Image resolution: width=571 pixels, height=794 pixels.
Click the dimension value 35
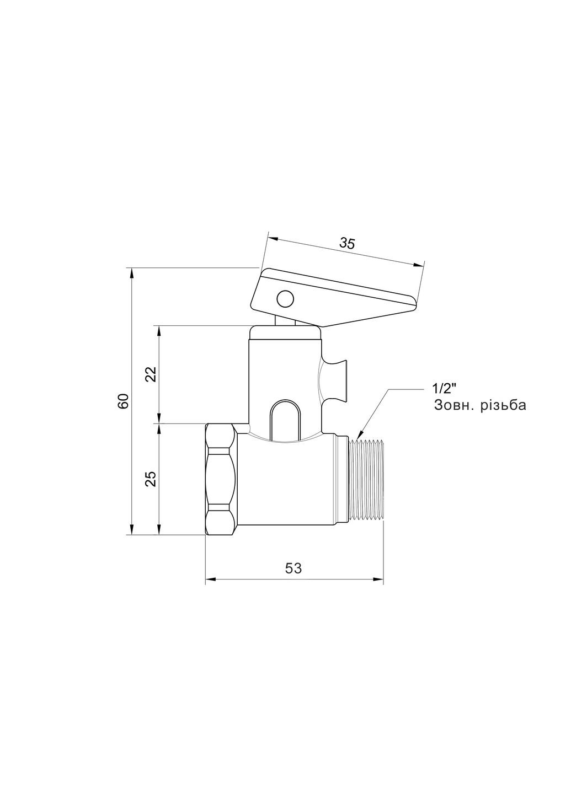(x=348, y=243)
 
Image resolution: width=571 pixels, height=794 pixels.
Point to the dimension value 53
(x=293, y=568)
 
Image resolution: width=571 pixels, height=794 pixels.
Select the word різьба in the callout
(x=504, y=406)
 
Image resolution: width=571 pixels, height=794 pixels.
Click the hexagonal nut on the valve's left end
(x=221, y=479)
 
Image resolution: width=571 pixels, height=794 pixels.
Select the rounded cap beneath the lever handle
(x=285, y=332)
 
